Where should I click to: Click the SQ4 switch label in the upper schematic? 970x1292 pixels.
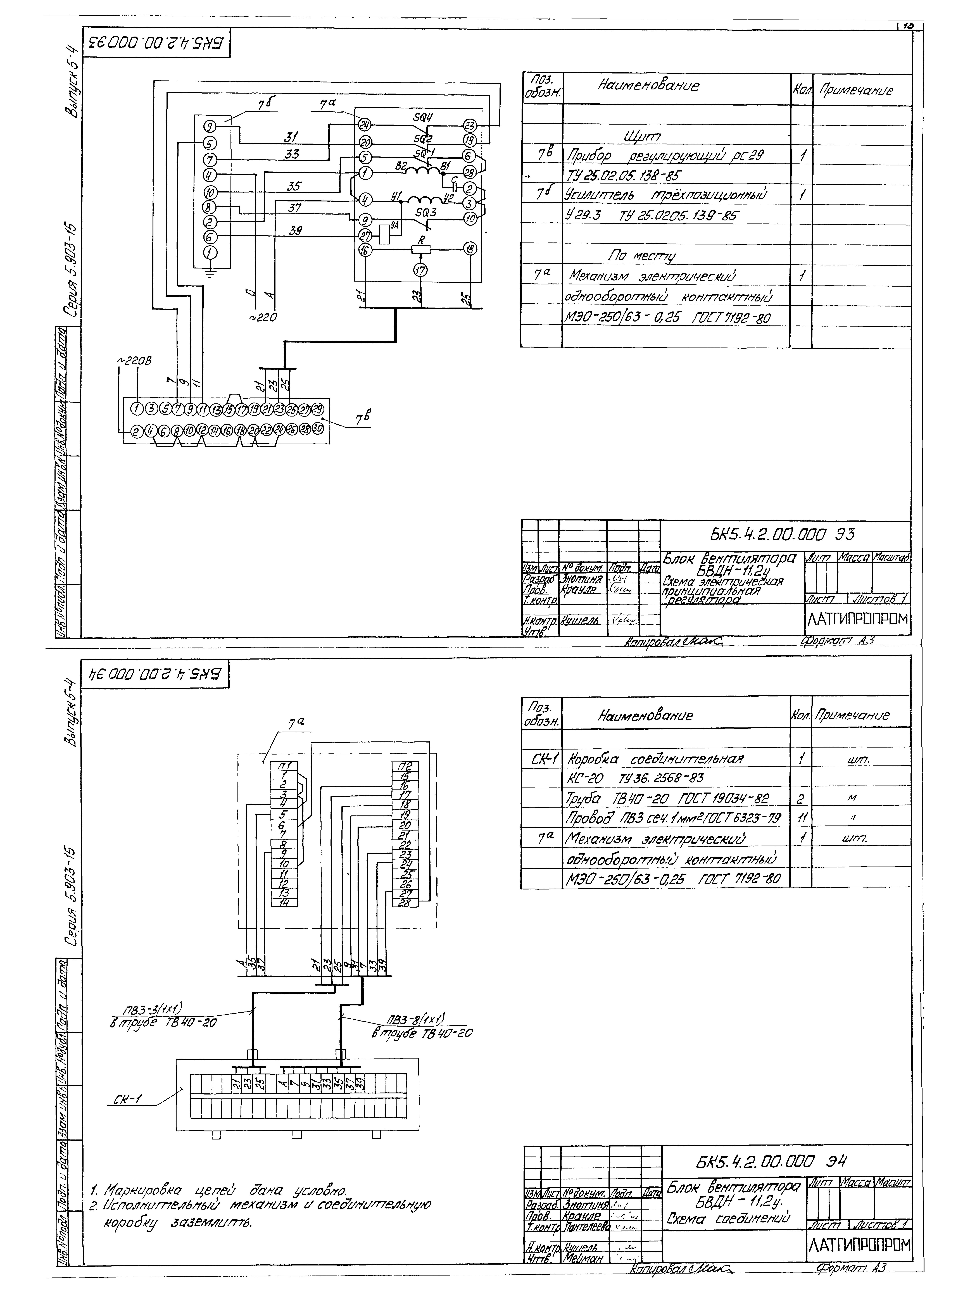click(422, 117)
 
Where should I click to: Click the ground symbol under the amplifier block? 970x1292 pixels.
click(211, 272)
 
